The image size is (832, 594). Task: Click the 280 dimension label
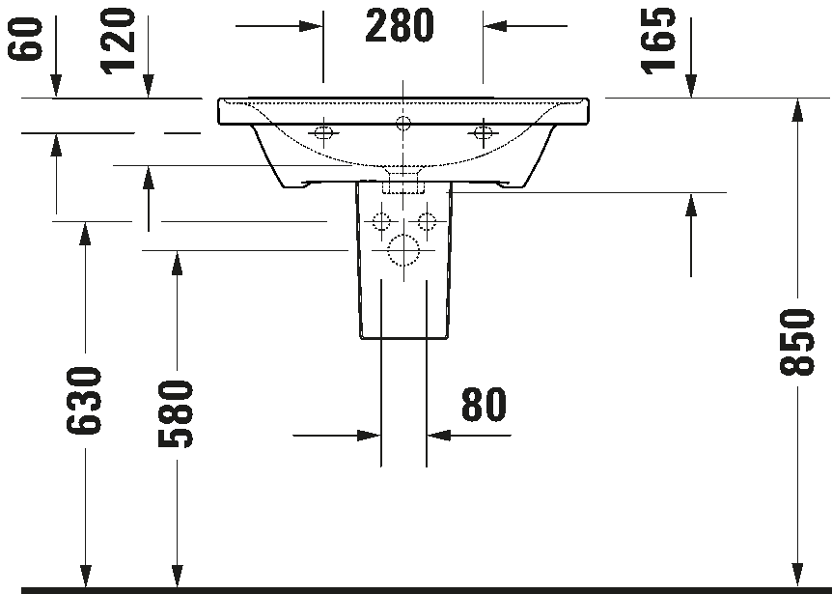point(399,25)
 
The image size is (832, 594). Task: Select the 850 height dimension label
point(796,342)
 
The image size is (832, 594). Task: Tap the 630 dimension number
point(83,400)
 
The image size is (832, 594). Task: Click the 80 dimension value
point(484,405)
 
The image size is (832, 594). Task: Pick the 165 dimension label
point(658,41)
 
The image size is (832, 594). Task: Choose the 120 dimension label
point(117,41)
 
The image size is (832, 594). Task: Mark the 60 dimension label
point(24,38)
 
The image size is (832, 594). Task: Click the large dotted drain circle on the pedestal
point(403,250)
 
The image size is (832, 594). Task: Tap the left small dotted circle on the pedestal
point(381,221)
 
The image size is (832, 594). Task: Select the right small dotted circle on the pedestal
point(426,221)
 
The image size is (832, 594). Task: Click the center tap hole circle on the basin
point(403,124)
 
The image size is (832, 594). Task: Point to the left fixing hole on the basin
point(323,131)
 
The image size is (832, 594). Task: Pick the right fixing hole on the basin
point(483,131)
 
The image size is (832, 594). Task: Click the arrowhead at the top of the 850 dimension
point(796,110)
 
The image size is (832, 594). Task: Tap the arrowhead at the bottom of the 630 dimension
point(84,576)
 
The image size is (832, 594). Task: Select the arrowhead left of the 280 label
point(311,25)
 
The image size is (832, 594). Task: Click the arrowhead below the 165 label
point(691,86)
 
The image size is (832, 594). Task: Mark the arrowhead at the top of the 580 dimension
point(177,262)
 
